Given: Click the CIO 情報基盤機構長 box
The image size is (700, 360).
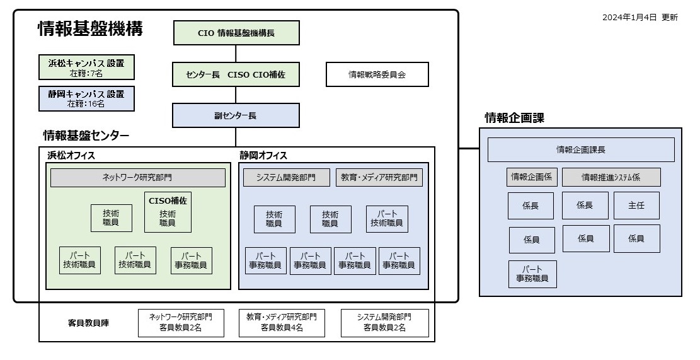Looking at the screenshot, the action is [236, 33].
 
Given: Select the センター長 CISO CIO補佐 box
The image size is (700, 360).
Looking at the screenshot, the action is [236, 74].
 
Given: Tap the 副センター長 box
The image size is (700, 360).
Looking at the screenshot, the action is [236, 115].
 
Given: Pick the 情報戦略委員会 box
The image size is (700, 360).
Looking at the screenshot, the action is [377, 74].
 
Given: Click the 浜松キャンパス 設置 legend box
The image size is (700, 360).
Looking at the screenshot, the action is [86, 67].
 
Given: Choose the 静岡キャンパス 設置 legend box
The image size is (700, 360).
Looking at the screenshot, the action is [86, 99].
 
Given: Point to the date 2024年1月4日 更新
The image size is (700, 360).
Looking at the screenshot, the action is [640, 18].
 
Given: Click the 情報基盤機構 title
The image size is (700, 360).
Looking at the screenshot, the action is [91, 29].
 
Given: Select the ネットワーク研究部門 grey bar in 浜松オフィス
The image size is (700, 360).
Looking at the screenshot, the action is [138, 178].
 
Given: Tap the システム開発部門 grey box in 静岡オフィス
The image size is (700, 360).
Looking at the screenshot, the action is [287, 177].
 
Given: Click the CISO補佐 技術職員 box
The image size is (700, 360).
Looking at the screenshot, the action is [168, 212].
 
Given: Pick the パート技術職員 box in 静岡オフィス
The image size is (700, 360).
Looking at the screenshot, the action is [387, 219].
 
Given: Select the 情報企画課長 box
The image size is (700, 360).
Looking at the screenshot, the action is [581, 149].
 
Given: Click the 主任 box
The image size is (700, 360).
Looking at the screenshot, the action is [636, 206].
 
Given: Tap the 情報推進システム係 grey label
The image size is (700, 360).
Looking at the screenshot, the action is [611, 177].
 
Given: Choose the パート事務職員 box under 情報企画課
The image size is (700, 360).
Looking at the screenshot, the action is [532, 274].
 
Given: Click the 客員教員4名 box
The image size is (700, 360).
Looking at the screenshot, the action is [282, 323].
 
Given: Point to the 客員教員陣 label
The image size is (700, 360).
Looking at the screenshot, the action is [88, 323].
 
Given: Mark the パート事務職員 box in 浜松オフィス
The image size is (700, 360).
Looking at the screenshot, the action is [192, 261].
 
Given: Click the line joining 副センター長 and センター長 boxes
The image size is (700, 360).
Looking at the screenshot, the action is [236, 95].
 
